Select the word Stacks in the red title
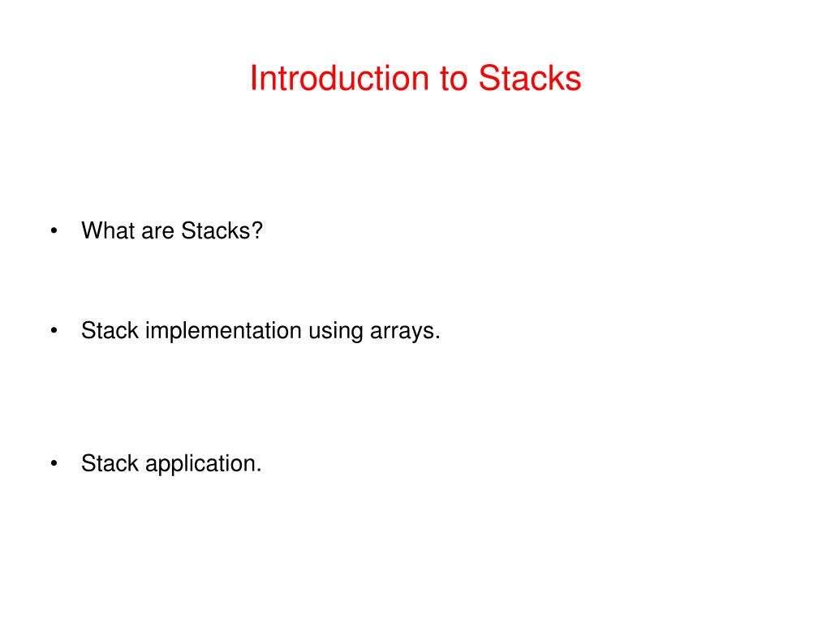pos(529,79)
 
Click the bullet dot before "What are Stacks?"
pos(54,231)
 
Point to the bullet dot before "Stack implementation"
pos(54,331)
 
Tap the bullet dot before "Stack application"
pos(54,464)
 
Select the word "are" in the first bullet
pos(157,231)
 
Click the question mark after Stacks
pos(257,231)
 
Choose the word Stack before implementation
pos(110,331)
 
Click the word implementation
pos(223,331)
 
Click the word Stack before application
pos(110,464)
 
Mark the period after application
pos(259,471)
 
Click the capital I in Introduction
pos(253,79)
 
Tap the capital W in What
pos(91,231)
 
